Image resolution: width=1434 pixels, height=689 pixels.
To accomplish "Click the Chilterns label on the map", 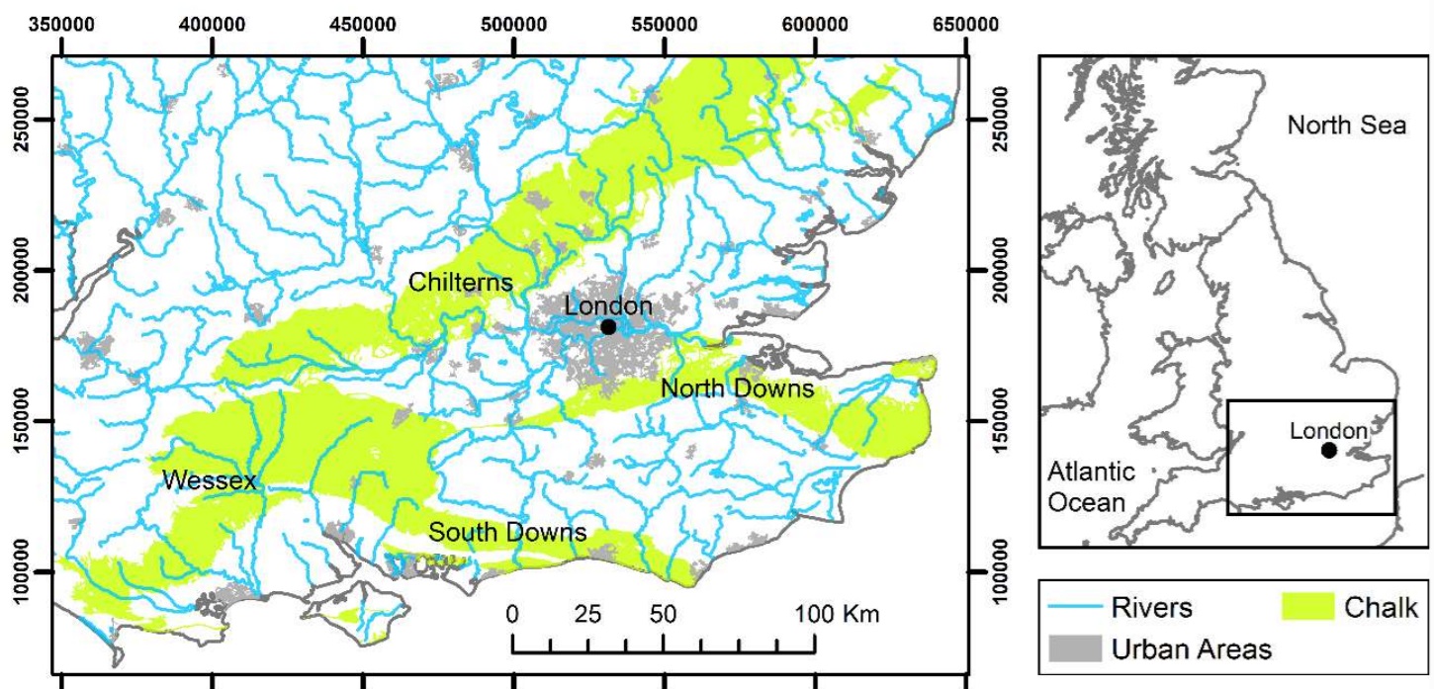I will click(x=461, y=284).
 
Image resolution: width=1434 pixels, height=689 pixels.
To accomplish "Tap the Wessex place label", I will click(x=209, y=481).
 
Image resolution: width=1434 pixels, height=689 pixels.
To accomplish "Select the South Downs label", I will click(x=507, y=533).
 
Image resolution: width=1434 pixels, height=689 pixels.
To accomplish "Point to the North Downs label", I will click(x=737, y=388).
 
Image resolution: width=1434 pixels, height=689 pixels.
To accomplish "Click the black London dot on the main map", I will click(x=608, y=327).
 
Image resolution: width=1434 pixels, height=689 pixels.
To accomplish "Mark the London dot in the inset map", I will click(x=1328, y=451).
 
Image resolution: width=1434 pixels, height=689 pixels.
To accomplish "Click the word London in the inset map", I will click(x=1329, y=431).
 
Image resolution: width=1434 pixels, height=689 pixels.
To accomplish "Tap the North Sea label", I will click(x=1346, y=126).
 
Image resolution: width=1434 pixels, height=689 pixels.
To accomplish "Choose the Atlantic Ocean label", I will click(x=1091, y=485).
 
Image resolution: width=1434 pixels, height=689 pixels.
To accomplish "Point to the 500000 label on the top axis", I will click(x=514, y=25).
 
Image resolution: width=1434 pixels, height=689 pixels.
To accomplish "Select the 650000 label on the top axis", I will click(x=964, y=25).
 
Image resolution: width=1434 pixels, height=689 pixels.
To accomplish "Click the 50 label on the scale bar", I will click(x=663, y=614).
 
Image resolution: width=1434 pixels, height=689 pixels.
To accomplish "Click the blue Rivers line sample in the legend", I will click(x=1076, y=608).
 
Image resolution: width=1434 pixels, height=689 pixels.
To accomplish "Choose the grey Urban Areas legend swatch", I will click(x=1076, y=648).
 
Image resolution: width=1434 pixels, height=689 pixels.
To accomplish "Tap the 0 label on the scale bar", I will click(x=512, y=614).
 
